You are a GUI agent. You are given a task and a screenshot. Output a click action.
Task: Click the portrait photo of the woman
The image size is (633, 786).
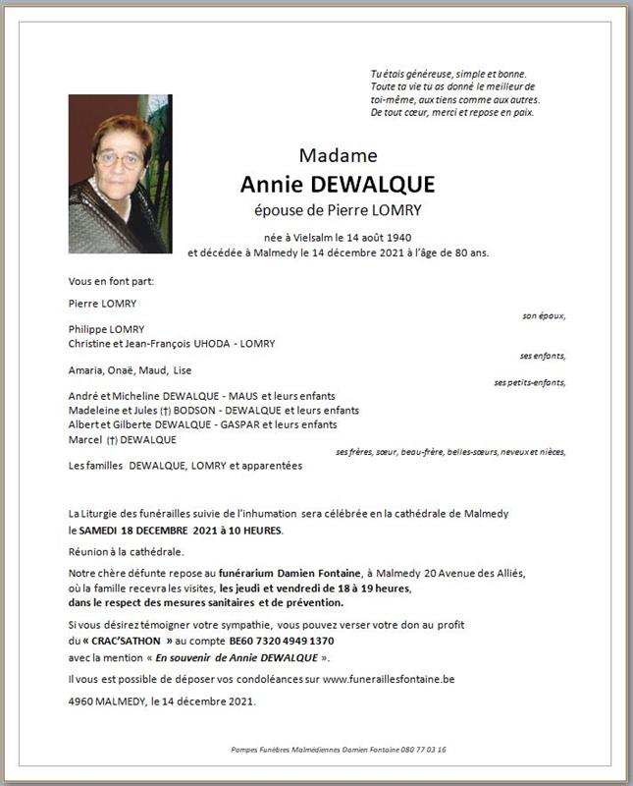point(120,174)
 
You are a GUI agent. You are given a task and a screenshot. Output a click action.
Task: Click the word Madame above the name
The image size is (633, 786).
point(338,155)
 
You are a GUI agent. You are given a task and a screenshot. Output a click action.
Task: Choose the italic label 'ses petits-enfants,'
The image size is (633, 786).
point(530,383)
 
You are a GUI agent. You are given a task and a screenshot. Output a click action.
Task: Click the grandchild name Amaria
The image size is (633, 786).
point(85,369)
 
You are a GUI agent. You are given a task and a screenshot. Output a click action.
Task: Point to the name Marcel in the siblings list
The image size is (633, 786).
point(85,439)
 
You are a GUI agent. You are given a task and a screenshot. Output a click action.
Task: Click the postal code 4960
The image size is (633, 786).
point(81,702)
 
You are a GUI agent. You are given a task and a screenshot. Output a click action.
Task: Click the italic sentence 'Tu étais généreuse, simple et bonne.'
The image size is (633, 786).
point(448,75)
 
